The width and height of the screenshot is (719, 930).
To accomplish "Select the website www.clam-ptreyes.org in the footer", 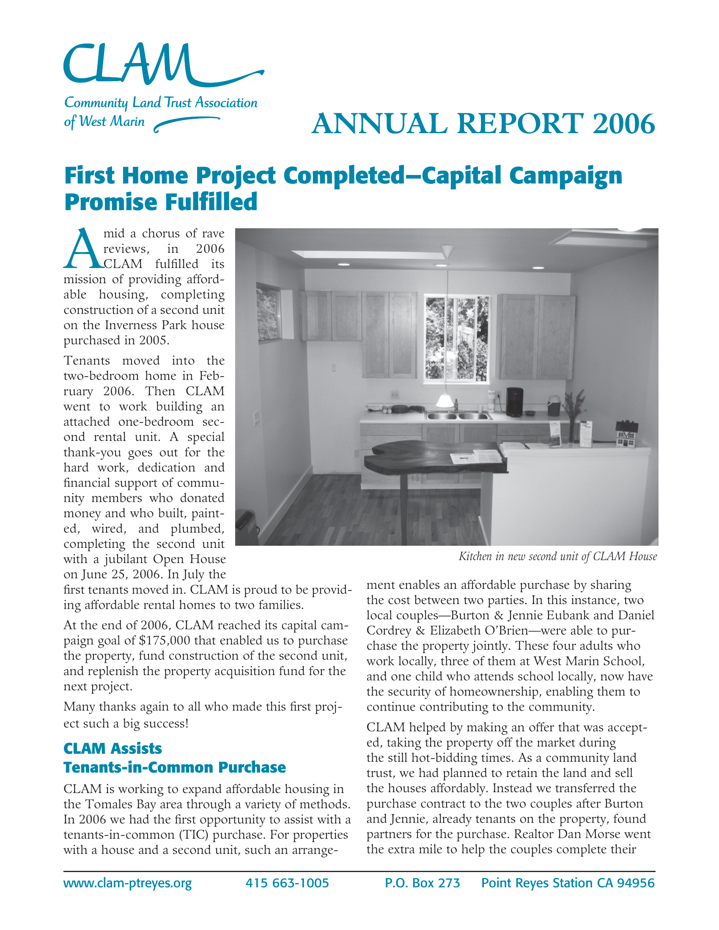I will [x=127, y=883].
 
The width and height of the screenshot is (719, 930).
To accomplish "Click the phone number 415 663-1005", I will [x=287, y=883].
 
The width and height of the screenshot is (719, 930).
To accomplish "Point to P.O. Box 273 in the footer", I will [x=422, y=883].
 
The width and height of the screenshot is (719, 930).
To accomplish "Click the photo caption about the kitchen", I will [x=557, y=557].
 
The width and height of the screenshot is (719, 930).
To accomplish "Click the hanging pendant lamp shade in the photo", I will [x=445, y=400].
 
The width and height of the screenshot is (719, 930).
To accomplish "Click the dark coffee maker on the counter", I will [x=514, y=402].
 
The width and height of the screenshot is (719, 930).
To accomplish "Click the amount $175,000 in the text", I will [x=165, y=641].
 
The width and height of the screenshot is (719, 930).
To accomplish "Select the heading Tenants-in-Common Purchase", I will [x=175, y=767].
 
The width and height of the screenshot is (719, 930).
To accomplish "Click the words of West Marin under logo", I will [x=104, y=122].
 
